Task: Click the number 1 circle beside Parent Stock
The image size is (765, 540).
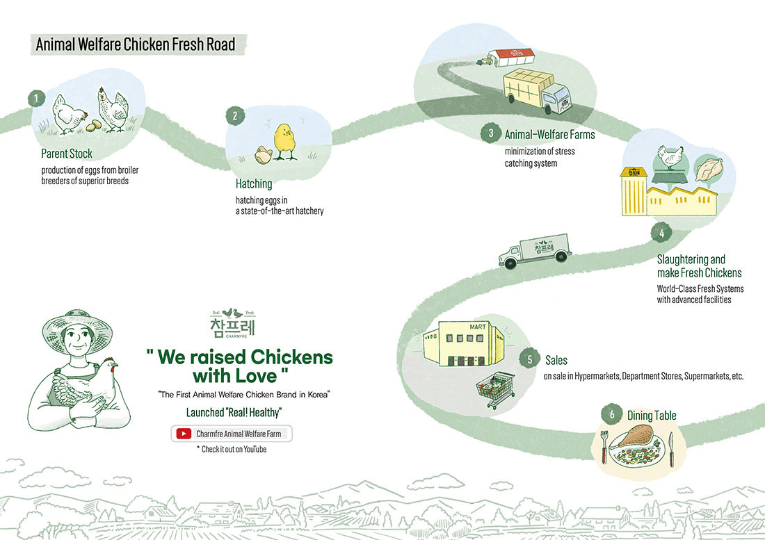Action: point(35,98)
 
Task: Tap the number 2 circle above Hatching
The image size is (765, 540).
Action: point(235,116)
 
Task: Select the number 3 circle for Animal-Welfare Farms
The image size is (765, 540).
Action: point(491,133)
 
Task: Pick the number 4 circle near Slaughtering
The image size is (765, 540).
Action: point(661,234)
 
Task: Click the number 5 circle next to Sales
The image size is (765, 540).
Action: point(530,359)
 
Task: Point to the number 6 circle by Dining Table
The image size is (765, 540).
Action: point(612,415)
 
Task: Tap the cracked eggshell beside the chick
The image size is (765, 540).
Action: point(261,155)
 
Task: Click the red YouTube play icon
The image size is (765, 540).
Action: point(184,434)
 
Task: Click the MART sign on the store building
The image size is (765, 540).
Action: point(458,326)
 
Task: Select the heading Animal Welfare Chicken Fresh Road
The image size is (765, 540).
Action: point(136,45)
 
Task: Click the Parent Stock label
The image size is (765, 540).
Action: point(67,154)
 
